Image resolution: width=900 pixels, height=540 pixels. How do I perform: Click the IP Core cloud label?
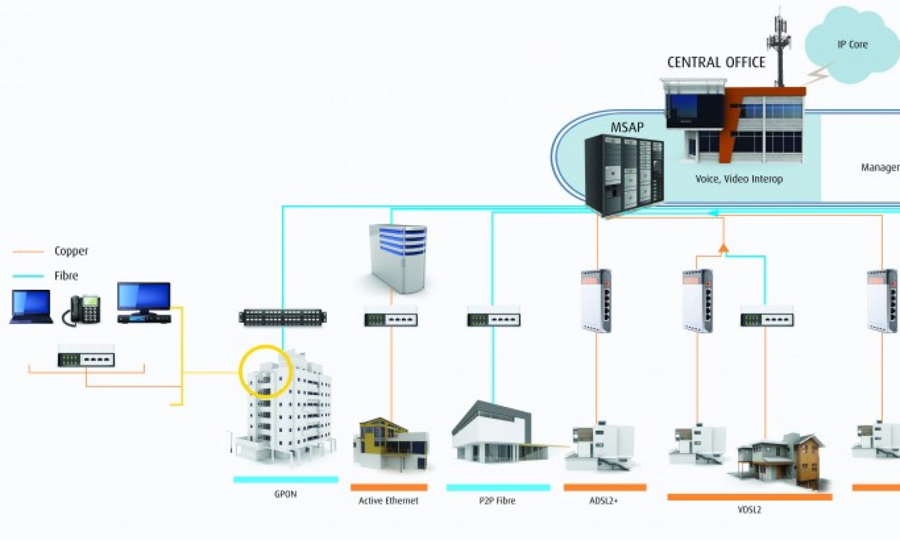click(852, 45)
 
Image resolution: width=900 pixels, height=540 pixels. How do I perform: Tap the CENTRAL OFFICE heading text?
click(716, 62)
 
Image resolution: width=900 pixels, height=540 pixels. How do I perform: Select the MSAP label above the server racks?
click(627, 127)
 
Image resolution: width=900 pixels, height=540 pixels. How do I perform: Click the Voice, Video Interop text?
click(739, 179)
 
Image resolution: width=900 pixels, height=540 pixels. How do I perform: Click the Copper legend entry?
click(71, 251)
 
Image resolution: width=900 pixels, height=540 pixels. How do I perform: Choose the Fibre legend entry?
click(66, 276)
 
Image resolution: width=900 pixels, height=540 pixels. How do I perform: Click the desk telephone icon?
click(82, 310)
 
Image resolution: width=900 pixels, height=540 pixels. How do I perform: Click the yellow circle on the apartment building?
click(265, 372)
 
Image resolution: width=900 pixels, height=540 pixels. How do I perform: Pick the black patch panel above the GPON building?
click(283, 317)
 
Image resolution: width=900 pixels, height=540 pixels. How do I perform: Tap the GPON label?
click(285, 494)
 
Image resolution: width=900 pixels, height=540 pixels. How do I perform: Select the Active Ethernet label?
click(388, 500)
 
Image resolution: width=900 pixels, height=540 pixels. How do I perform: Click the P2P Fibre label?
click(497, 500)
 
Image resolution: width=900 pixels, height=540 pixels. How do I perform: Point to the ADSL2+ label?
click(604, 500)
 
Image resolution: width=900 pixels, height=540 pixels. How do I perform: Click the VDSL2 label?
click(749, 510)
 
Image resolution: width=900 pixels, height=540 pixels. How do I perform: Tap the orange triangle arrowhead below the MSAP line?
click(723, 247)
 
